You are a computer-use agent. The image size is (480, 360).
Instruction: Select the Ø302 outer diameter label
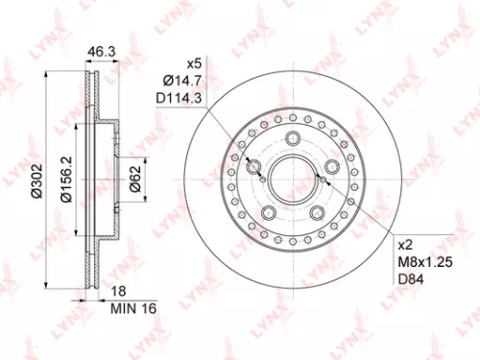(36, 180)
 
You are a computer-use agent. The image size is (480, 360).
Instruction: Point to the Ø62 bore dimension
(135, 179)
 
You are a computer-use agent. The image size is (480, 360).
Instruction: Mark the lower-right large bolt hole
(316, 212)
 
